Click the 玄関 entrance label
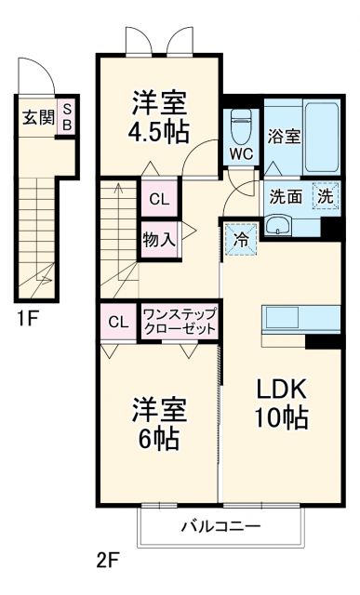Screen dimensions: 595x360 pyautogui.click(x=38, y=117)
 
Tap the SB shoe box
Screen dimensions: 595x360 pyautogui.click(x=67, y=117)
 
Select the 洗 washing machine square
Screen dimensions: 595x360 pyautogui.click(x=326, y=195)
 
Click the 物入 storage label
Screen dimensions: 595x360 pyautogui.click(x=158, y=238)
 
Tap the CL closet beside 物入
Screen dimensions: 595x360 pyautogui.click(x=158, y=198)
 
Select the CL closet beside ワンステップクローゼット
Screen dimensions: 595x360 pyautogui.click(x=118, y=323)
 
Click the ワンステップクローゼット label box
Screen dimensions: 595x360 pyautogui.click(x=180, y=323)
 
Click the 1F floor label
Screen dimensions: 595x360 pyautogui.click(x=25, y=319)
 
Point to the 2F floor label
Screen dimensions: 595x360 pyautogui.click(x=109, y=561)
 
